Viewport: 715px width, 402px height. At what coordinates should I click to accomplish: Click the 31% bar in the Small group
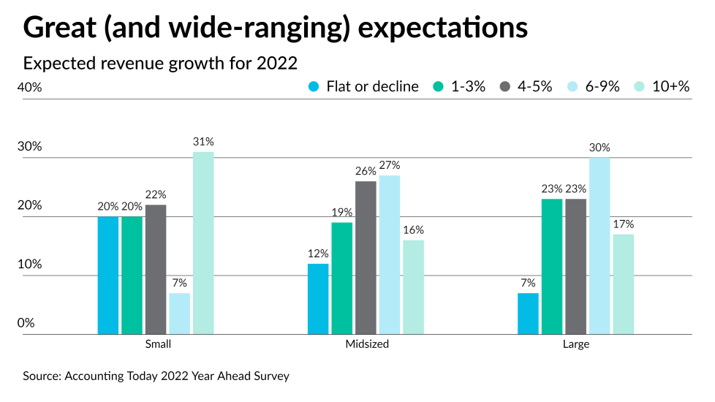click(x=203, y=243)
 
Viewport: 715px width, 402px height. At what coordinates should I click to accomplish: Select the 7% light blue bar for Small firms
click(x=179, y=314)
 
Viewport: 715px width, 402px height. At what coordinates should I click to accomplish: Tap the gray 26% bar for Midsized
click(x=366, y=258)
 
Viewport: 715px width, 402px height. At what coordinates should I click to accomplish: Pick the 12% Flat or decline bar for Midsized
click(x=318, y=299)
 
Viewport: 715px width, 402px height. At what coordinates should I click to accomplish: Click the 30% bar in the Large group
click(x=599, y=246)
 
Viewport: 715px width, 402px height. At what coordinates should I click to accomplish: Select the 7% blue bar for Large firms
click(x=528, y=314)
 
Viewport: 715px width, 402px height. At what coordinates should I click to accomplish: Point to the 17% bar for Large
click(x=623, y=284)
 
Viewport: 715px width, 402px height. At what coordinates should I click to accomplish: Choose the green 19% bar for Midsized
click(x=341, y=278)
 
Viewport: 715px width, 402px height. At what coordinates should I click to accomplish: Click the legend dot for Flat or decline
click(x=314, y=86)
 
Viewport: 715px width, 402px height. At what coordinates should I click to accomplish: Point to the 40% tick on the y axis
click(x=30, y=87)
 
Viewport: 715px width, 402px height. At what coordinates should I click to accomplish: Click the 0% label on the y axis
click(x=26, y=323)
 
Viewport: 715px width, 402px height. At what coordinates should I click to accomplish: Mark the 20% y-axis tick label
click(x=30, y=205)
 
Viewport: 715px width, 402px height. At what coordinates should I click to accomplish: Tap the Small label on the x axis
click(x=157, y=344)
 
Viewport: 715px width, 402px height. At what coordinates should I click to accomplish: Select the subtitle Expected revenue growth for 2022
click(x=160, y=63)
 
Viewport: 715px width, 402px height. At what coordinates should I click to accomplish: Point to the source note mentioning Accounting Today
click(x=156, y=376)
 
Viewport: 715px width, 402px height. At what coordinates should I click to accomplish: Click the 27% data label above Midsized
click(x=389, y=165)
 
